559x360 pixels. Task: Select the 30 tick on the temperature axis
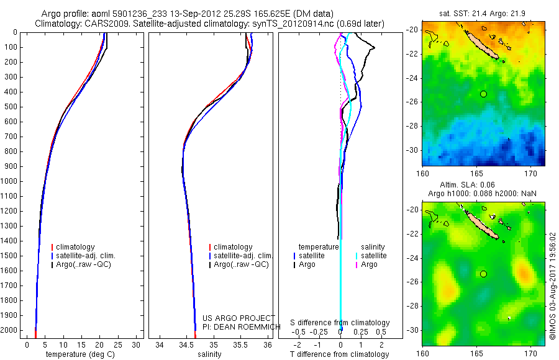click(137, 344)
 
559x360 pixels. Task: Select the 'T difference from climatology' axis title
click(340, 354)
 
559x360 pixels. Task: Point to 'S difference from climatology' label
click(340, 323)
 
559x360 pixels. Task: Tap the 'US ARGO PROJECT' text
click(239, 318)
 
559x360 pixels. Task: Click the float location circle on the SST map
click(484, 94)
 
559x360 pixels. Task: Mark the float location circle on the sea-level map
click(484, 274)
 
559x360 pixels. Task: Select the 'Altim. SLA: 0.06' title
click(484, 185)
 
